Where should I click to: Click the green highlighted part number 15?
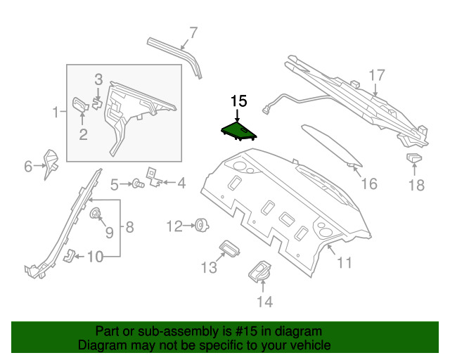click(237, 131)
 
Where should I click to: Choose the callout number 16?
click(369, 184)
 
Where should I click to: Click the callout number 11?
click(345, 264)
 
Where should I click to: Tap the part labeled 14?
click(262, 274)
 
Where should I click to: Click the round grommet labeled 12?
click(201, 225)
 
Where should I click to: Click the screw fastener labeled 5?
click(138, 184)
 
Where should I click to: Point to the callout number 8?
click(129, 226)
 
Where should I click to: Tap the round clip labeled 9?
click(95, 214)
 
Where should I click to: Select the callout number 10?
click(94, 257)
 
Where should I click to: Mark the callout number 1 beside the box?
click(55, 112)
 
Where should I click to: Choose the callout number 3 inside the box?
click(99, 80)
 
